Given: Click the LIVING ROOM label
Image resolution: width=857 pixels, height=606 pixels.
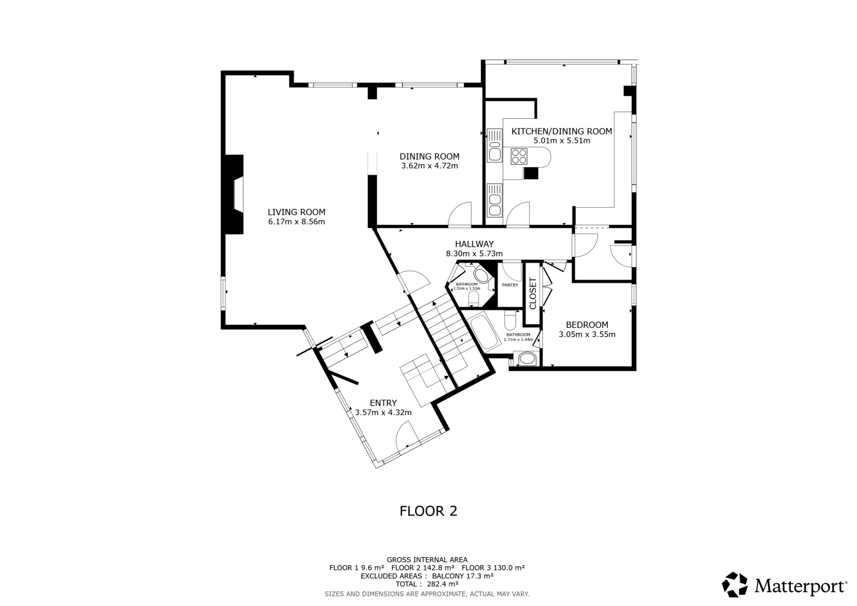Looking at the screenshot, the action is (296, 212).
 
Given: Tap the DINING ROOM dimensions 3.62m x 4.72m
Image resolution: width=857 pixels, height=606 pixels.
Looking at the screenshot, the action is (429, 166).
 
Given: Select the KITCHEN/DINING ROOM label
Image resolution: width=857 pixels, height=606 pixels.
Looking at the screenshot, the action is (562, 131).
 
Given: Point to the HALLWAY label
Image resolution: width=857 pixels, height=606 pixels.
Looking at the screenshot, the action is (474, 244).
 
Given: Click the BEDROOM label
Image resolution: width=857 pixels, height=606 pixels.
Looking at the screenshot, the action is (587, 325).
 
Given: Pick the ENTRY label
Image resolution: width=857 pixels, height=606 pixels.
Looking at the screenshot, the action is (383, 403).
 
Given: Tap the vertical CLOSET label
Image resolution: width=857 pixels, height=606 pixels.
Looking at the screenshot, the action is (532, 293).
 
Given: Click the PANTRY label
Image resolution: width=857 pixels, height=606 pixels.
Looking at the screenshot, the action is (510, 285).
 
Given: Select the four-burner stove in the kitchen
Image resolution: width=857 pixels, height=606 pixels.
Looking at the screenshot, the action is (519, 156).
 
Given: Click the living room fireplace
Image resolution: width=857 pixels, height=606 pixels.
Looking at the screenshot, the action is (234, 194).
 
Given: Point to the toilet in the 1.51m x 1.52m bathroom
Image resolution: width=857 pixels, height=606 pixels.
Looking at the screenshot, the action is (473, 299).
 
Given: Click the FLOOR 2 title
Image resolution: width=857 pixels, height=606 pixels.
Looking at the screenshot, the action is (428, 511).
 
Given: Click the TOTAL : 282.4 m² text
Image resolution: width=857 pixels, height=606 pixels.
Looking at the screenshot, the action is (427, 584).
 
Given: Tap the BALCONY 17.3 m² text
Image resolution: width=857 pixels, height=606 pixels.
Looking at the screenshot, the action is (463, 576).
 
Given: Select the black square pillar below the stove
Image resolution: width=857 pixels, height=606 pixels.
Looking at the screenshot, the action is (531, 174).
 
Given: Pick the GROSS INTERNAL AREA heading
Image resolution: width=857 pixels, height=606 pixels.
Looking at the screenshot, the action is (427, 560).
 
